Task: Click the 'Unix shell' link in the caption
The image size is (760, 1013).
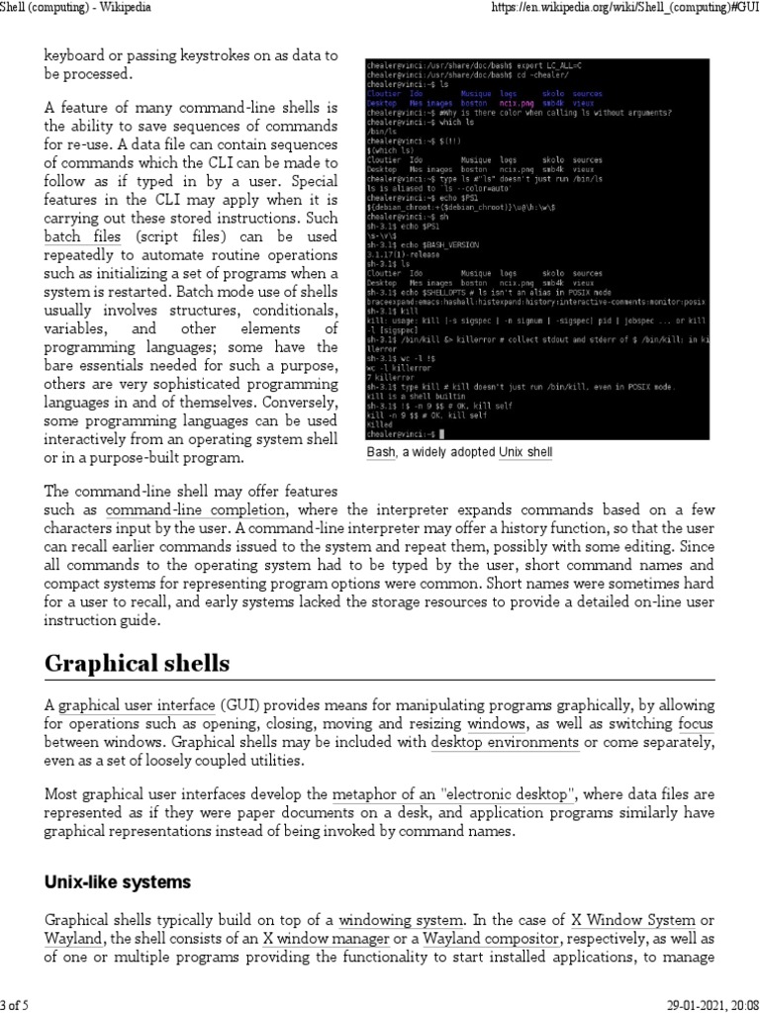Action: coord(525,452)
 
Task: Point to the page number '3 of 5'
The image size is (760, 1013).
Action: coord(15,1005)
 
